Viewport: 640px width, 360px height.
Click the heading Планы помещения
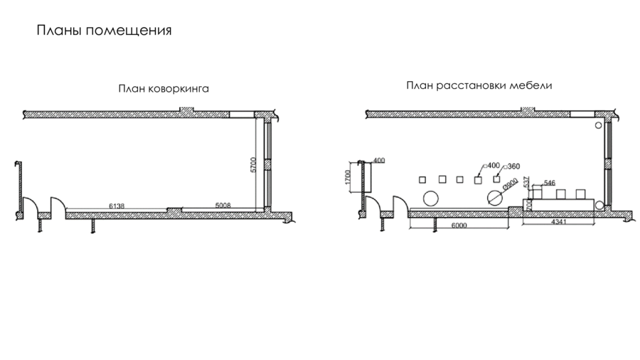pos(104,31)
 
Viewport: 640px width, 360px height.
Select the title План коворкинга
pos(163,90)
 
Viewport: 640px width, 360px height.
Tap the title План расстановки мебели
pos(479,85)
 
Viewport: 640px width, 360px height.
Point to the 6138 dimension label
pos(117,206)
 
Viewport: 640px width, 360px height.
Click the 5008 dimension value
pos(223,206)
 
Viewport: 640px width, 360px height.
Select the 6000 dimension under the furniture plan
pos(459,226)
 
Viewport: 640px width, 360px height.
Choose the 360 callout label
pos(514,166)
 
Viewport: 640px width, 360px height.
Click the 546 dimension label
pos(549,183)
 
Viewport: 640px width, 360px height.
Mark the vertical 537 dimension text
pos(526,183)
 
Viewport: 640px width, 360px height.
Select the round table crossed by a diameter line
pos(494,196)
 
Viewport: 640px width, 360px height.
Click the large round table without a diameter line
pos(430,197)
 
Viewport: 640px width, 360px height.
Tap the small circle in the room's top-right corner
pos(598,125)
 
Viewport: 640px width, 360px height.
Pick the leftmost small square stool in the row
pos(423,179)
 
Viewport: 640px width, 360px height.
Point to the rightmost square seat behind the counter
pos(581,194)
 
